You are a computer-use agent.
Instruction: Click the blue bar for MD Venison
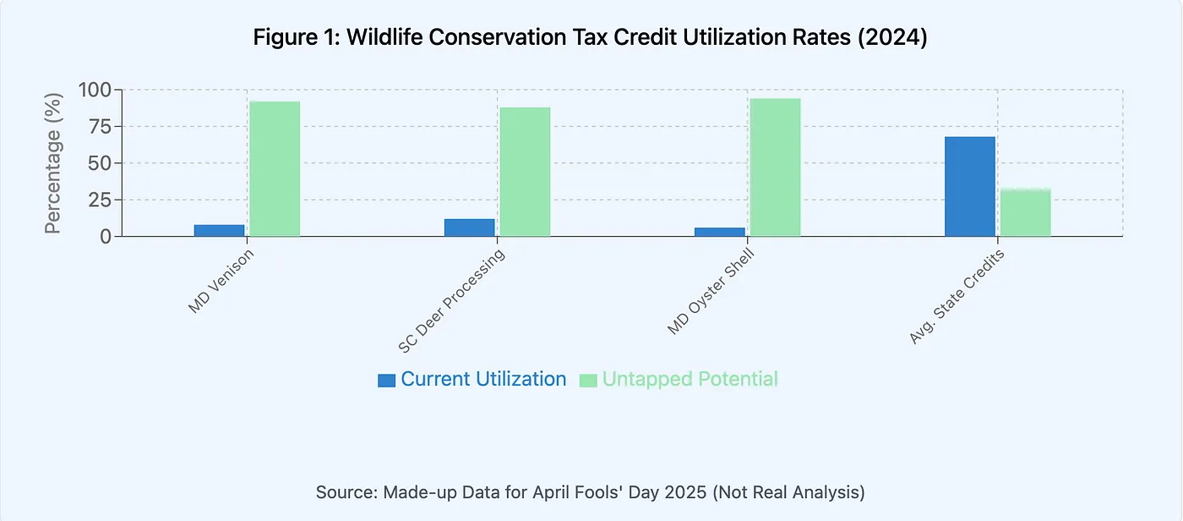[219, 231]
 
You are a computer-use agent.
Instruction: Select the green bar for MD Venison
[275, 169]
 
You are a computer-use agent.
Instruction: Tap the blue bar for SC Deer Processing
[469, 228]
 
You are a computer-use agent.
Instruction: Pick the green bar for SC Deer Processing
[525, 172]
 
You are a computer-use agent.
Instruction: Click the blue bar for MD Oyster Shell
[719, 232]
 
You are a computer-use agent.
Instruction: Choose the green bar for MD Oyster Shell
[775, 167]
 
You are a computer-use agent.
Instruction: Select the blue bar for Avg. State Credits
[969, 187]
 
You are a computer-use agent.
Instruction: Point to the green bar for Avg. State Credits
[1025, 213]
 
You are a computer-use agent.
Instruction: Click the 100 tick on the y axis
[95, 90]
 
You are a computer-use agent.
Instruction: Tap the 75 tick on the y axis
[101, 127]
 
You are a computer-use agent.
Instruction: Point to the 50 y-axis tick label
[101, 163]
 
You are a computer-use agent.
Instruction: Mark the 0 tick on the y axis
[106, 237]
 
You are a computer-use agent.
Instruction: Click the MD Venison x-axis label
[220, 281]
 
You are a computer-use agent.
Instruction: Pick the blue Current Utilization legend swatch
[386, 381]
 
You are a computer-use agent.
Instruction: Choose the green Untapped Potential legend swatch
[587, 381]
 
